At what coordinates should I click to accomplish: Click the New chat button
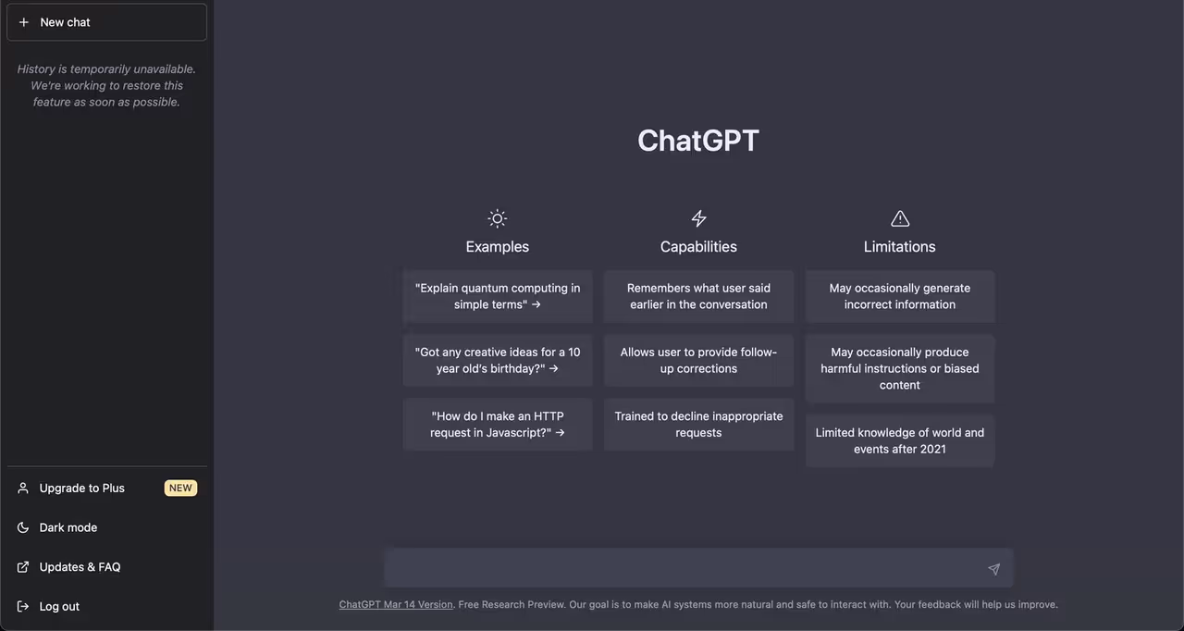point(106,22)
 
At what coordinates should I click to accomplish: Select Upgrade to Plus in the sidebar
point(81,488)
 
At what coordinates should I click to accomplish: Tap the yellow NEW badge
point(180,488)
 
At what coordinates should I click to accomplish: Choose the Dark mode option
point(68,527)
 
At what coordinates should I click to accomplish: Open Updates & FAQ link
point(80,567)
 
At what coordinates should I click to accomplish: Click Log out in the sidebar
point(59,607)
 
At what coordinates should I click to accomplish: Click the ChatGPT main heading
point(697,141)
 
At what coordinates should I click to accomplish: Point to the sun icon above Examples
point(498,218)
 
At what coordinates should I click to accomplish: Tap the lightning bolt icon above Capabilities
point(698,218)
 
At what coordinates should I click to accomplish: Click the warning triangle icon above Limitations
point(900,218)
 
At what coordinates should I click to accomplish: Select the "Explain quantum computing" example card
point(498,296)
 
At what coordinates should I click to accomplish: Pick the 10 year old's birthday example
point(498,360)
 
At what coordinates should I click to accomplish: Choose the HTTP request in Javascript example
point(498,425)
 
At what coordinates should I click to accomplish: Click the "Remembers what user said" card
point(698,296)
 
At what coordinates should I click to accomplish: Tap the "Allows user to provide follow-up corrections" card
point(698,360)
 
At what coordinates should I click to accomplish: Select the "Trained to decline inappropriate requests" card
point(698,425)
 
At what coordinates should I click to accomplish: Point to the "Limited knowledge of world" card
point(900,440)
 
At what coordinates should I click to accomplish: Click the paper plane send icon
point(993,569)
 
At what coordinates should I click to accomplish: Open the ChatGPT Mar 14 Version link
point(396,604)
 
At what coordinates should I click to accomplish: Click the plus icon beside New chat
point(24,22)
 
